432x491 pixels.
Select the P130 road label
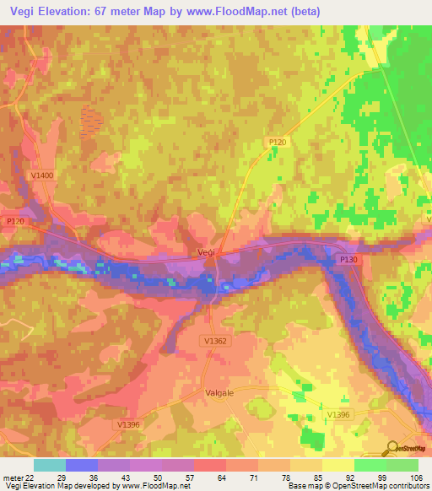[x=348, y=261]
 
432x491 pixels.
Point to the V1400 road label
[x=41, y=175]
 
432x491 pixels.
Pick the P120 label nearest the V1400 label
[x=16, y=221]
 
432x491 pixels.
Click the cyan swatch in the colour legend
[x=50, y=465]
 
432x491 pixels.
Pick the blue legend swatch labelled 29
[x=82, y=465]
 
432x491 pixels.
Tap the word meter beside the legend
[x=13, y=478]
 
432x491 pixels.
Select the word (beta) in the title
[x=302, y=10]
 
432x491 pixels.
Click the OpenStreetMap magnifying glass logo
[x=392, y=448]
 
